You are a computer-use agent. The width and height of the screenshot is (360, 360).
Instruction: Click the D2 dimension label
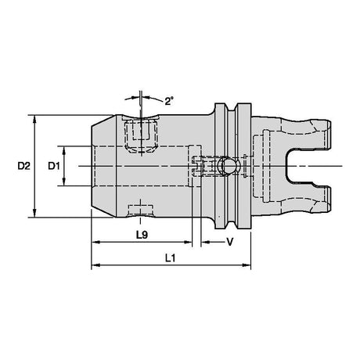tap(24, 166)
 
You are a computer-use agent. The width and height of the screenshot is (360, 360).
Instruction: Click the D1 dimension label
tap(54, 166)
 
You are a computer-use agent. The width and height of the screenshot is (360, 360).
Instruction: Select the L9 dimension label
tap(142, 235)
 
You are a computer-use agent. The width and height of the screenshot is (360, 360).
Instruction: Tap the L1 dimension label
tap(171, 258)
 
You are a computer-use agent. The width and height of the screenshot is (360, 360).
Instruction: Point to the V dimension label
tap(229, 242)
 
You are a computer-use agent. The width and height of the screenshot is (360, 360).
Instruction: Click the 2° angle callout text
tap(169, 101)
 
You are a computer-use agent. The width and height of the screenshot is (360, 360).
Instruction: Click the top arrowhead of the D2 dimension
tap(34, 119)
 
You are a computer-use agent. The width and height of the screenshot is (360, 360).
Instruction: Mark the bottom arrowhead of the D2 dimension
tap(34, 213)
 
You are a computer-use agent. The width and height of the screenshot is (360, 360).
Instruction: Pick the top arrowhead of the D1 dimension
tap(64, 150)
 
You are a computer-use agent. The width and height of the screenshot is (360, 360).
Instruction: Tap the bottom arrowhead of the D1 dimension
tap(64, 182)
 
